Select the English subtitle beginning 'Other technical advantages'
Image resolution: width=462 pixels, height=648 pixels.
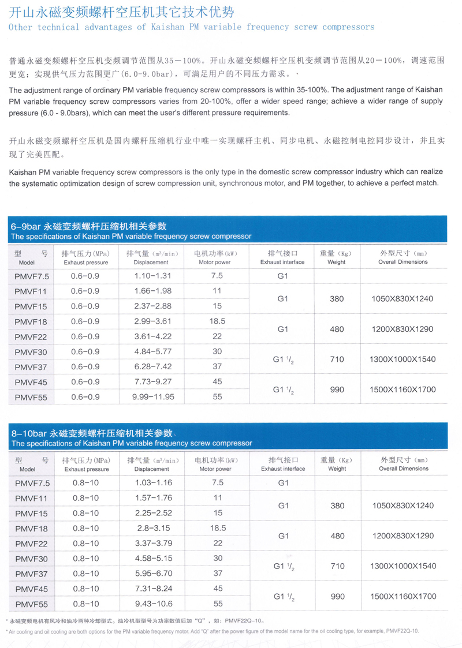[192, 27]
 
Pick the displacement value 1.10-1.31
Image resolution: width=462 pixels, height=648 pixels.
[153, 276]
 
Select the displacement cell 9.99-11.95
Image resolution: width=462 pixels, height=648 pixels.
[153, 397]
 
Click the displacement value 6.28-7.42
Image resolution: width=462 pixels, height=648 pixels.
[153, 366]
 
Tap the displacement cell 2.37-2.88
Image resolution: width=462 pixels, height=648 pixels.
[153, 306]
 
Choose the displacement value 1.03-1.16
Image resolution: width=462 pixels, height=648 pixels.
[153, 482]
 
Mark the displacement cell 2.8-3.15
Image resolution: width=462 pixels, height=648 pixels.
[153, 528]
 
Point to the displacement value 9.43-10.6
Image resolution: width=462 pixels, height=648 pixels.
[153, 604]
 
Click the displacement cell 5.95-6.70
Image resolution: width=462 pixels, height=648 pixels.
[153, 574]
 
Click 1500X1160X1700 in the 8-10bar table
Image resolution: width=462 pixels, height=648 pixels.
[403, 596]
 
